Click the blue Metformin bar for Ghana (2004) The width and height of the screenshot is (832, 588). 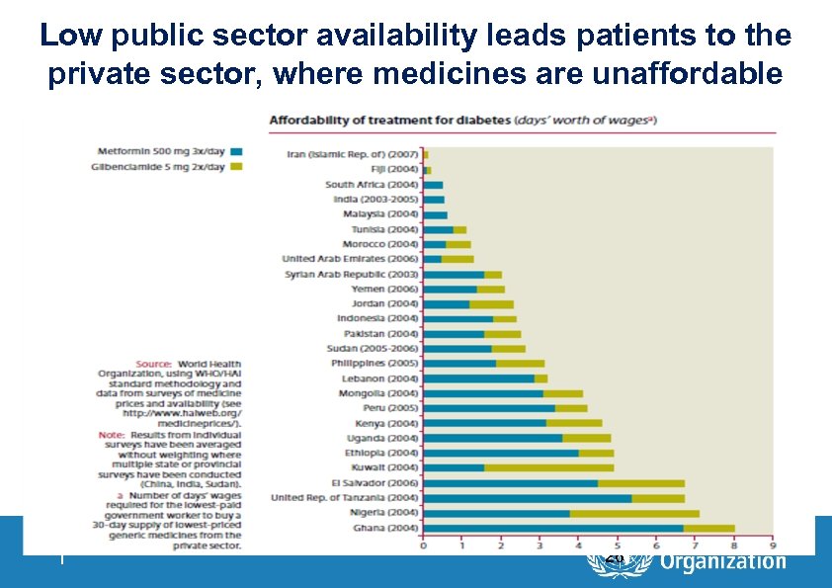click(x=552, y=528)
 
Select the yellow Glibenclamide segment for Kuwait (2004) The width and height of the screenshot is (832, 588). click(x=548, y=467)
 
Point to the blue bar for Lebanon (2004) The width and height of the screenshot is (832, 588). click(x=478, y=378)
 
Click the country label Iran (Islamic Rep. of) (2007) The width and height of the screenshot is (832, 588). click(x=353, y=154)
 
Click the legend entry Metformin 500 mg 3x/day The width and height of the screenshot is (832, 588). click(x=162, y=151)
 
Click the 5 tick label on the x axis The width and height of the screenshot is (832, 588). click(x=617, y=546)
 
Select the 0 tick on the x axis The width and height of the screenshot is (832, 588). click(x=423, y=546)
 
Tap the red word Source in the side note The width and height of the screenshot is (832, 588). click(x=153, y=364)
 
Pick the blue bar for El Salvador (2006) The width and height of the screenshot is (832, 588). click(x=510, y=483)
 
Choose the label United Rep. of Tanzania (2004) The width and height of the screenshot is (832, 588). click(x=345, y=498)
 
